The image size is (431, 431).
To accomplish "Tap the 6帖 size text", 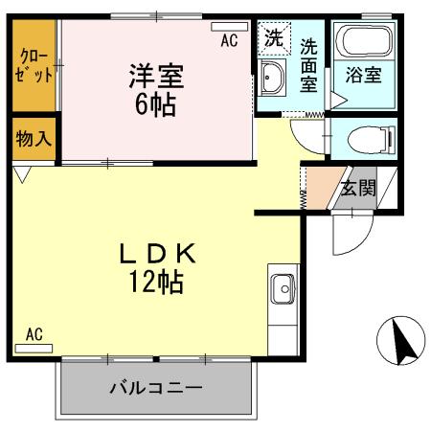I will (x=155, y=102).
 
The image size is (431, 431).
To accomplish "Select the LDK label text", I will (x=157, y=255).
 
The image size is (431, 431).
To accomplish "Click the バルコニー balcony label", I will (x=155, y=389).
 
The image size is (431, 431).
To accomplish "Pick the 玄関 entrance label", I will (x=358, y=186).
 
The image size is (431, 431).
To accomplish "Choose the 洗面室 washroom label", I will (x=308, y=64).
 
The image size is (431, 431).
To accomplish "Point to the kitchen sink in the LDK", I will (x=283, y=286).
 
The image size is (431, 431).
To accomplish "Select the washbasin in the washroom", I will (x=272, y=82).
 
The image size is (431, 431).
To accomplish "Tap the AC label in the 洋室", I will (x=228, y=40).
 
